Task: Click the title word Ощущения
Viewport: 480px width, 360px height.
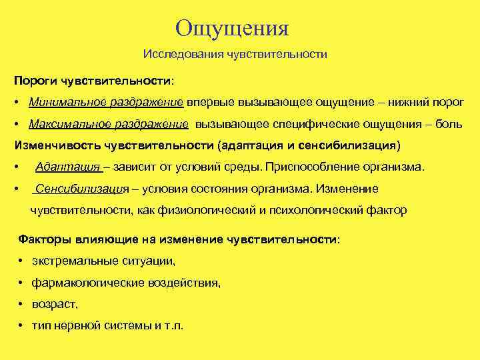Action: pos(232,29)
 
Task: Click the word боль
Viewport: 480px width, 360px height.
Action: pos(450,125)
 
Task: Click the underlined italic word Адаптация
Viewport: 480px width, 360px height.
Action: pos(67,167)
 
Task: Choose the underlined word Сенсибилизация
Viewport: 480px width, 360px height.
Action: pos(81,189)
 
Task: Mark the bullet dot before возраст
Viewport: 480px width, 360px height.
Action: pos(23,304)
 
